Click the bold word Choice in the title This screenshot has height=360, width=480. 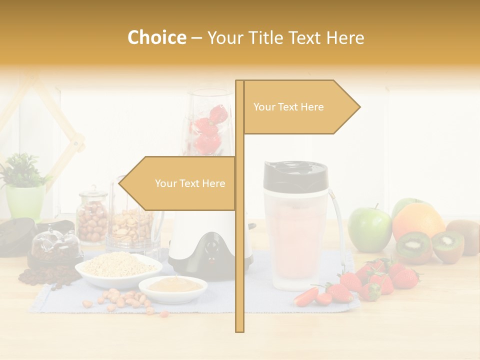156,38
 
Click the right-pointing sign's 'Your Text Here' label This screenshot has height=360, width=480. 288,107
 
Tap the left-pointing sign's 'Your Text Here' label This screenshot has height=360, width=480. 190,183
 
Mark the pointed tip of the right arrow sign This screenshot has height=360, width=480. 359,106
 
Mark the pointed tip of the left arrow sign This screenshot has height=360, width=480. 119,183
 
